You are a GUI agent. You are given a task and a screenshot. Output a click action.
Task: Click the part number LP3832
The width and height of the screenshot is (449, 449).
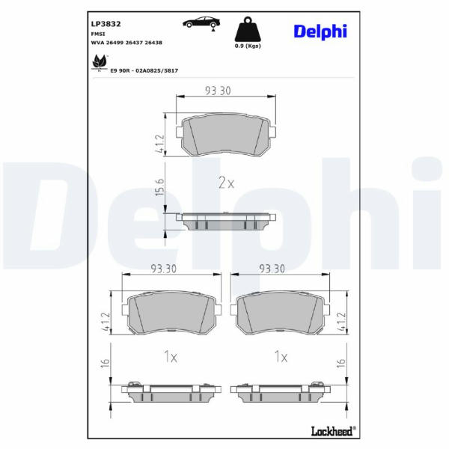(x=106, y=24)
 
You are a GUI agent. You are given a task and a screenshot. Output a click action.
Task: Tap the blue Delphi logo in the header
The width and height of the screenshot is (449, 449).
(x=320, y=31)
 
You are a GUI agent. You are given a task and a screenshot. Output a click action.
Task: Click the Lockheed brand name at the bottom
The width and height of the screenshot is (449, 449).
(x=333, y=431)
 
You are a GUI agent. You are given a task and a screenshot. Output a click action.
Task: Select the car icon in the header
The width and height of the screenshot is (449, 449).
(x=201, y=22)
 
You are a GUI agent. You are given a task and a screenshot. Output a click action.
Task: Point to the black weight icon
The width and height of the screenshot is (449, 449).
(x=248, y=29)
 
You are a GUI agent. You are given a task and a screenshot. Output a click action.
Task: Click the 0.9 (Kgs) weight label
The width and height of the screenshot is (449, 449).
(x=248, y=46)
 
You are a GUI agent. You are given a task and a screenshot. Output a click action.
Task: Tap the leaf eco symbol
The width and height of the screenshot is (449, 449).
(x=100, y=63)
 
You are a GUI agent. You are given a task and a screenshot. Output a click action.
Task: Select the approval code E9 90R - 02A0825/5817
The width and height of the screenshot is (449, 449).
(x=144, y=70)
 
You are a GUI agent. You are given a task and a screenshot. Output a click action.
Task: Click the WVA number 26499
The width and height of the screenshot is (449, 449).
(x=114, y=43)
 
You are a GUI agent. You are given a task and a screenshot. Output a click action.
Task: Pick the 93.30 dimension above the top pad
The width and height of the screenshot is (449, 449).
(x=218, y=91)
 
